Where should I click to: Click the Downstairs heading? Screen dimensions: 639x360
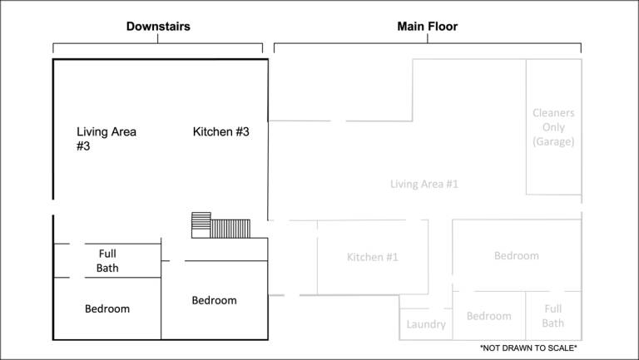(158, 27)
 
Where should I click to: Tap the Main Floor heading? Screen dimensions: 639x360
(428, 27)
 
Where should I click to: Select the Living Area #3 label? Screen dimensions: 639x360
(106, 139)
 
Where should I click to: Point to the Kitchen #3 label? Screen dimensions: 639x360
(220, 132)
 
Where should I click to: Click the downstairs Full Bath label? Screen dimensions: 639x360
(107, 260)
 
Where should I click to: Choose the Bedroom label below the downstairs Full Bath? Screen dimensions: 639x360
(107, 308)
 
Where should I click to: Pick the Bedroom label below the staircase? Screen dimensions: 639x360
(214, 300)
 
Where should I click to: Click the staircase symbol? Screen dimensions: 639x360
(220, 225)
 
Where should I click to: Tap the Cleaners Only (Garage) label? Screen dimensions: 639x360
(553, 127)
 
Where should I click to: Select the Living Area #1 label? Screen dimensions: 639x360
(424, 184)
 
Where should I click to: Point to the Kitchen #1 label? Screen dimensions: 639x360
(373, 257)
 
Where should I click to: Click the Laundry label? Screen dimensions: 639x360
(426, 324)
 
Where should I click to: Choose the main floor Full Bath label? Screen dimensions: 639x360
(553, 316)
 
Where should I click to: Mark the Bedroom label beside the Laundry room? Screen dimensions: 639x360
(488, 316)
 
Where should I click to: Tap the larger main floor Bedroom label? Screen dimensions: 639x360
(517, 256)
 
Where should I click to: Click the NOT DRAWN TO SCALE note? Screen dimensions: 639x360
(528, 348)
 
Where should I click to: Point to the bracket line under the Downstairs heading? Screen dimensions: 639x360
(158, 43)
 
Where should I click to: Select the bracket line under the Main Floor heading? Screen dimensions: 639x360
(428, 43)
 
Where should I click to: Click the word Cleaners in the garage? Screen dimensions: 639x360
(553, 113)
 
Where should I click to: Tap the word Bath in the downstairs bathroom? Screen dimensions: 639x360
(107, 268)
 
